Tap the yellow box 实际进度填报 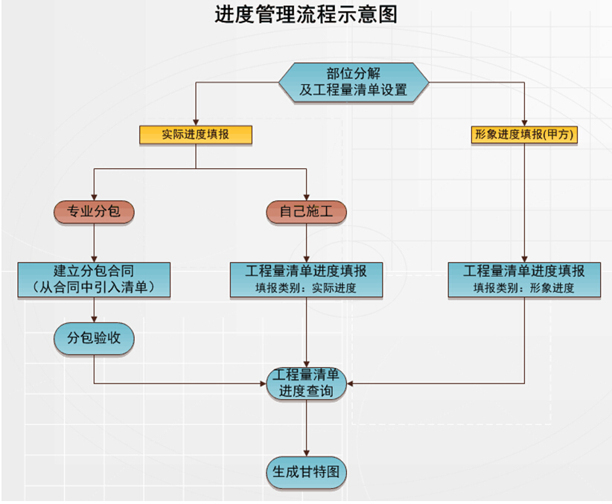click(x=196, y=135)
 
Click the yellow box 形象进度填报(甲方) click(x=525, y=135)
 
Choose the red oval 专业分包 click(x=94, y=212)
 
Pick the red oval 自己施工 click(x=307, y=212)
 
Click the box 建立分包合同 click(x=94, y=278)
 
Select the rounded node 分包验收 click(x=94, y=339)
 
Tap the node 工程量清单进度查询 click(x=307, y=383)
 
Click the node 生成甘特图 click(x=307, y=472)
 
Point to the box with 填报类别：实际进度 click(x=307, y=278)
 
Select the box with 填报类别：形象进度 click(x=524, y=278)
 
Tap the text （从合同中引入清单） click(x=94, y=287)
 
